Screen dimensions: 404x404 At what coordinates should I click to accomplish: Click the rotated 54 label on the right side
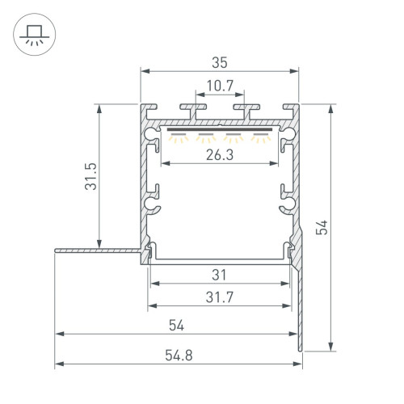(322, 229)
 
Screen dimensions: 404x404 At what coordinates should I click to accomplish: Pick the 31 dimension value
(219, 274)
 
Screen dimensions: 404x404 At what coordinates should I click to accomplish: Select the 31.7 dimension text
(219, 297)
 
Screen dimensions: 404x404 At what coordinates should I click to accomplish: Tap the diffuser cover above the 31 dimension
(219, 260)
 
